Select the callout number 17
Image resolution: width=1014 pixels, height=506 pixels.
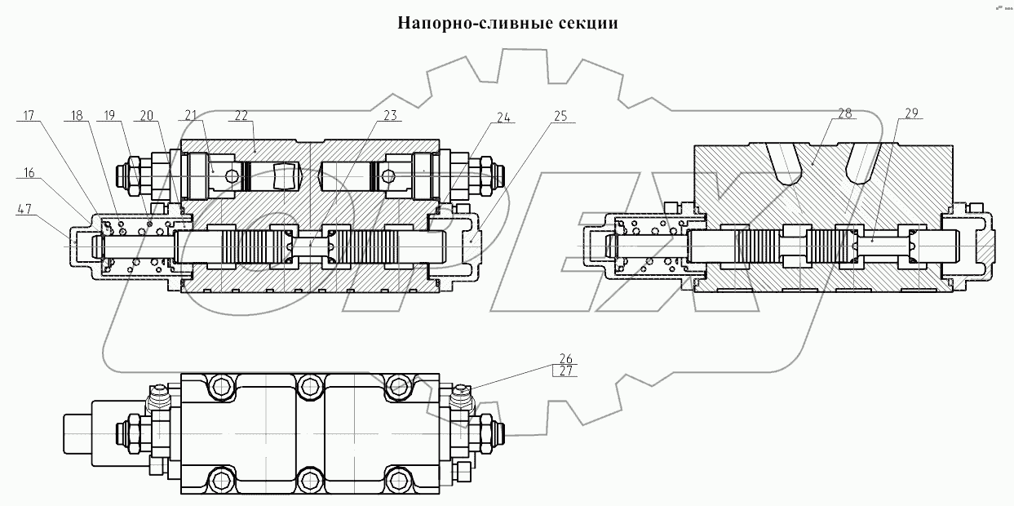click(x=28, y=117)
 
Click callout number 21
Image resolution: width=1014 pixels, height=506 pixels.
click(x=192, y=117)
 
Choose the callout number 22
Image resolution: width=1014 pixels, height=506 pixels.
click(x=241, y=117)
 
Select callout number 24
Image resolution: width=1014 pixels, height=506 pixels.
click(x=505, y=117)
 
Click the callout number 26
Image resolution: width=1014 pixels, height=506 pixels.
click(x=565, y=358)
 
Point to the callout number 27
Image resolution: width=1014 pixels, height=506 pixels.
click(x=565, y=371)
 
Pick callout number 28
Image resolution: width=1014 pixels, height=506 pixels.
click(x=844, y=114)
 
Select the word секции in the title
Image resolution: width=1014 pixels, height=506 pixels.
click(x=588, y=23)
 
